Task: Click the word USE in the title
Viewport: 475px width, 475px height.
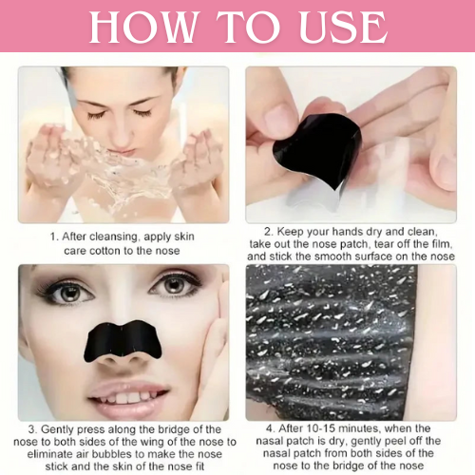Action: (343, 27)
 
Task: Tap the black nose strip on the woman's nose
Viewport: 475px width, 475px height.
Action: (123, 341)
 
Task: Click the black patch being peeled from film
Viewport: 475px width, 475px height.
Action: (317, 150)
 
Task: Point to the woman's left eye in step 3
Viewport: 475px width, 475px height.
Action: (174, 286)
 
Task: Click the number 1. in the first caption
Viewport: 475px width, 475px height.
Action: (55, 237)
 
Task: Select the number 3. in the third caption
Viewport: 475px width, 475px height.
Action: (33, 429)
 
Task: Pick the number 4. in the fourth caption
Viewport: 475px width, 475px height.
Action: (271, 428)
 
